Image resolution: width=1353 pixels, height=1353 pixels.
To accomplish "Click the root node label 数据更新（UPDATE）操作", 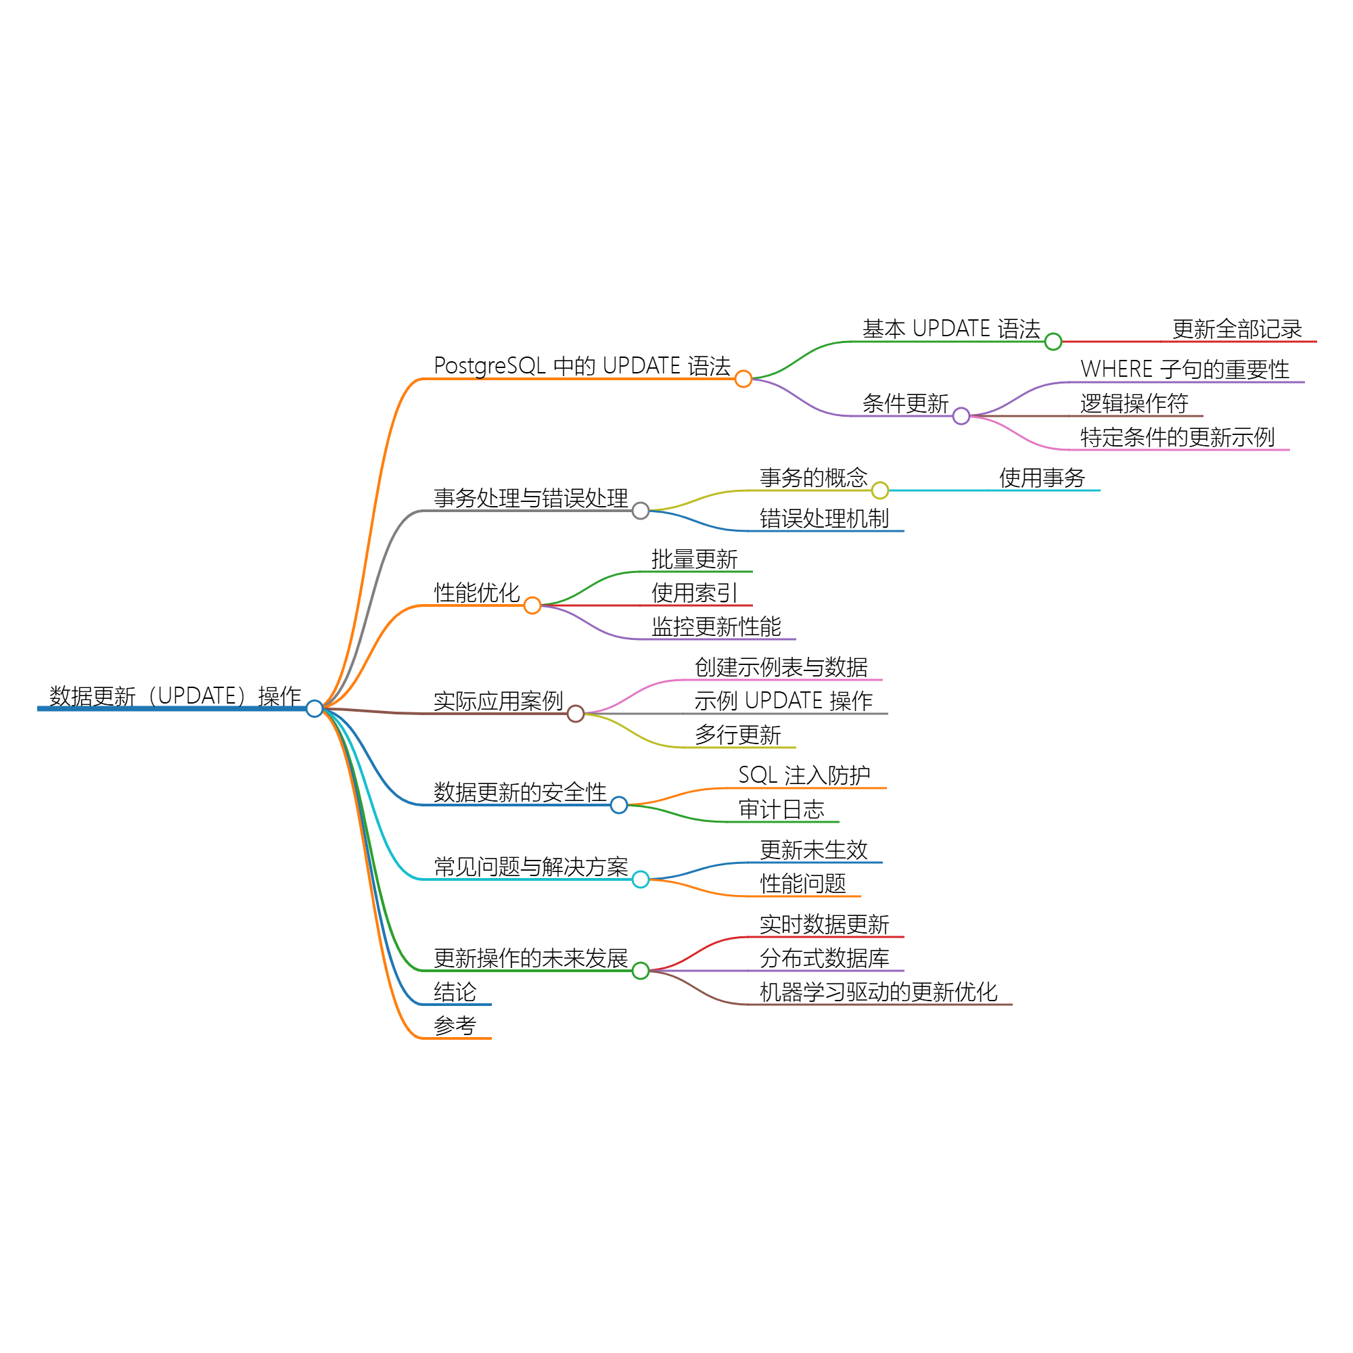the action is pos(175,696).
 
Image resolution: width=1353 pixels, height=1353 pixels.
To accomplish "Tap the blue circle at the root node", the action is pos(315,709).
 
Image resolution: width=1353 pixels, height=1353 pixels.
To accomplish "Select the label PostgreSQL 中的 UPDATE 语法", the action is pos(582,365).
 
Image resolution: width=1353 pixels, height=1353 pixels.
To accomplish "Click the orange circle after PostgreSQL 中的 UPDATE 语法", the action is pos(743,379).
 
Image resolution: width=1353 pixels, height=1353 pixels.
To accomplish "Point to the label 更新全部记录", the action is pos(1237,329).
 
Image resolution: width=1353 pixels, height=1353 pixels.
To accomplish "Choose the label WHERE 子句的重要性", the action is pos(1185,369).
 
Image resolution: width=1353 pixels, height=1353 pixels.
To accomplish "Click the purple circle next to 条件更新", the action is pos(961,416).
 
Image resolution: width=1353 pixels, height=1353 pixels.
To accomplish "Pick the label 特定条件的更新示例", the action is pos(1176,437).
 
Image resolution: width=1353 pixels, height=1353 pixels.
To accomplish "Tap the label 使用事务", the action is pos(1041,478).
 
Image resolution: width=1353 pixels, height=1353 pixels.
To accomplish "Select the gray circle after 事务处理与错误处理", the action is pos(640,511).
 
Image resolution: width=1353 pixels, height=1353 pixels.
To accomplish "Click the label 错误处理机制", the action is pos(823,518).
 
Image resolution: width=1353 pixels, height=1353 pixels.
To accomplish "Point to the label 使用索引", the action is pos(693,593).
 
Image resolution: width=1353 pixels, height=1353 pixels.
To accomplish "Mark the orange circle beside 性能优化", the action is pos(532,605).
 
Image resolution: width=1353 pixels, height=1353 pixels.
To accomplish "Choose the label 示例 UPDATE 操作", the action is pos(783,700).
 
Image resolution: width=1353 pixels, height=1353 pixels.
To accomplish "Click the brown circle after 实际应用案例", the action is pos(576,714).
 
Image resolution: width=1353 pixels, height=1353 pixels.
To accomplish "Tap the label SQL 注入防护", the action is pos(804,775).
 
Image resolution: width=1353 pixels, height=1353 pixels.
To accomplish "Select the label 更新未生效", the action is pos(813,850).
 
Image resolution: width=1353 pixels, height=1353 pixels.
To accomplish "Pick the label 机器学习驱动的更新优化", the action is pos(878,992).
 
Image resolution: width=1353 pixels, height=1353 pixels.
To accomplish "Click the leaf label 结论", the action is pos(455,992).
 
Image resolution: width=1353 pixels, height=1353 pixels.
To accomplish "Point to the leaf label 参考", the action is pos(455,1026).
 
